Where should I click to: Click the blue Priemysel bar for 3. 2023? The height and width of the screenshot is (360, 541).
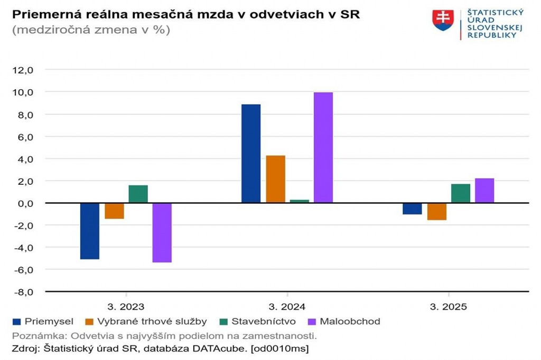(x=90, y=231)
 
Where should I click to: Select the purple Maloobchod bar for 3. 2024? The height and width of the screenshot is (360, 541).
(x=323, y=148)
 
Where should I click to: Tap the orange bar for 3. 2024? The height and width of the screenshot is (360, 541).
(x=276, y=179)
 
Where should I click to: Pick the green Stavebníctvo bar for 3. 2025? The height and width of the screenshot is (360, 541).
(x=461, y=193)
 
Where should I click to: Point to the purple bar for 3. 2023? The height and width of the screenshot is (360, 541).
(x=162, y=232)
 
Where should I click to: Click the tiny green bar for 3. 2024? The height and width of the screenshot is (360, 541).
(x=300, y=201)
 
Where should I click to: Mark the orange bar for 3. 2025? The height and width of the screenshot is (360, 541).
(x=437, y=211)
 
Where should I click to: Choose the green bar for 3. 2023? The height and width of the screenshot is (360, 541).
(x=138, y=194)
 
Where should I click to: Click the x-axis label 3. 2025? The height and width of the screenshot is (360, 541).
(x=448, y=307)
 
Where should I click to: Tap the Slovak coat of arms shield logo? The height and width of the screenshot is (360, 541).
(x=443, y=20)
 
